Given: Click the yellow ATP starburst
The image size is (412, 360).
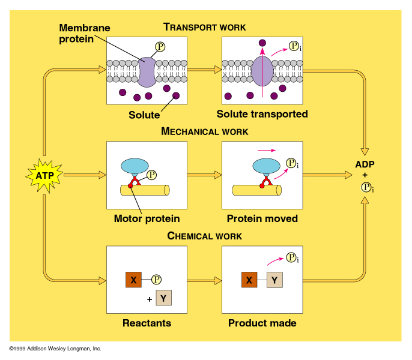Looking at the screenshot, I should [43, 175].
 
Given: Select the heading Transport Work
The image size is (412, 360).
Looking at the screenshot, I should [205, 27].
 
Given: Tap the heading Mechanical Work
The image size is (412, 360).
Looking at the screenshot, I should [205, 131].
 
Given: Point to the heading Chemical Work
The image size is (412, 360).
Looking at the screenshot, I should [205, 236].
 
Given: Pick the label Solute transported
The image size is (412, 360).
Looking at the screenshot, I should [262, 114].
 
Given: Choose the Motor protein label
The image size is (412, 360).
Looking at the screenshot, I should [147, 218].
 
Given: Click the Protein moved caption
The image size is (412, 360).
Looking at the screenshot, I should [262, 218].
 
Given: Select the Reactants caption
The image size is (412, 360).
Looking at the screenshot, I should [147, 323].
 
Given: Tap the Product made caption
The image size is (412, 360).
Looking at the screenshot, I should [262, 323].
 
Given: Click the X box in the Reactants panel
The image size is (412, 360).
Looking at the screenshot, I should [133, 280].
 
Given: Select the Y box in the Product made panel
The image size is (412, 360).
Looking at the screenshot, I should [274, 280].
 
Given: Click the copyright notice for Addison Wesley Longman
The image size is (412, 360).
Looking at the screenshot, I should [55, 349].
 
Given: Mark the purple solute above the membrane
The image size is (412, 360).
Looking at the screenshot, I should [262, 43].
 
